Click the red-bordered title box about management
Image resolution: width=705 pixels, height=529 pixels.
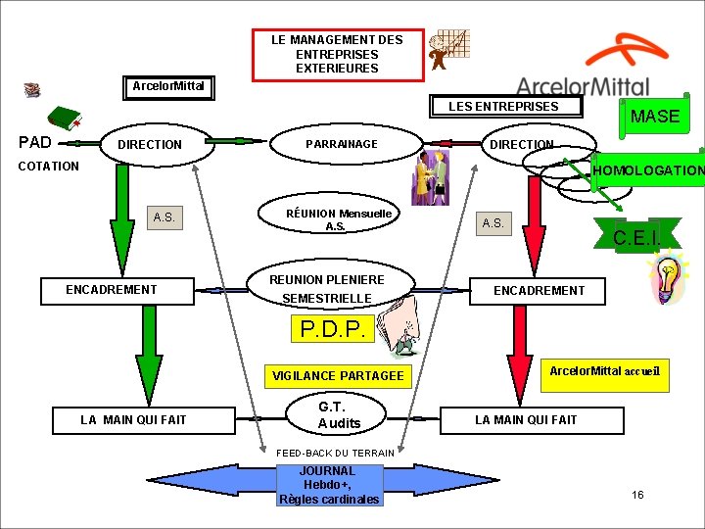click(x=338, y=54)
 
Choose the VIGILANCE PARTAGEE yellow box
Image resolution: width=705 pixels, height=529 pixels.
click(x=338, y=375)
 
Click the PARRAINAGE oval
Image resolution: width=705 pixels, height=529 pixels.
click(x=342, y=144)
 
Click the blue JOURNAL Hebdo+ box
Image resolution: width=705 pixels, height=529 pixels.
click(x=328, y=485)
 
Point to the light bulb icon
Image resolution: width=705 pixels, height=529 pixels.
click(x=669, y=278)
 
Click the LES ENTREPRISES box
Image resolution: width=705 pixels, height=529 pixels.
click(x=503, y=107)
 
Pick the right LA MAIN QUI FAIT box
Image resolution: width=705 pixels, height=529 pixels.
click(x=526, y=420)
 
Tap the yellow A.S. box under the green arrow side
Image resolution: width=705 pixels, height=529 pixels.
click(x=164, y=217)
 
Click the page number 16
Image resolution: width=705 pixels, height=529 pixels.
click(x=637, y=495)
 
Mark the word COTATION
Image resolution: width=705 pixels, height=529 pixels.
click(x=49, y=167)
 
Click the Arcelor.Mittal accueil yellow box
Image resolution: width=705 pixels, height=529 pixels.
click(x=605, y=372)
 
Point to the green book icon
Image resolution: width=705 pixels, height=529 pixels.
click(x=67, y=119)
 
